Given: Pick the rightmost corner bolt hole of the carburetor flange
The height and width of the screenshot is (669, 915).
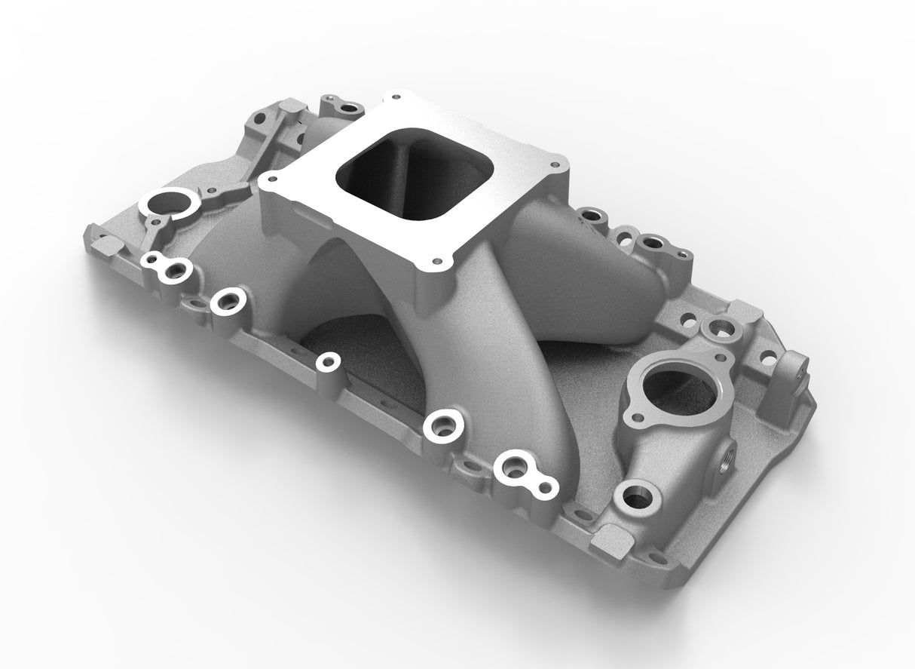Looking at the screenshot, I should point(556,161).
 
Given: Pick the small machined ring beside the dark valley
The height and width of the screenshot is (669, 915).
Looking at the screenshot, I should point(327,361).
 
